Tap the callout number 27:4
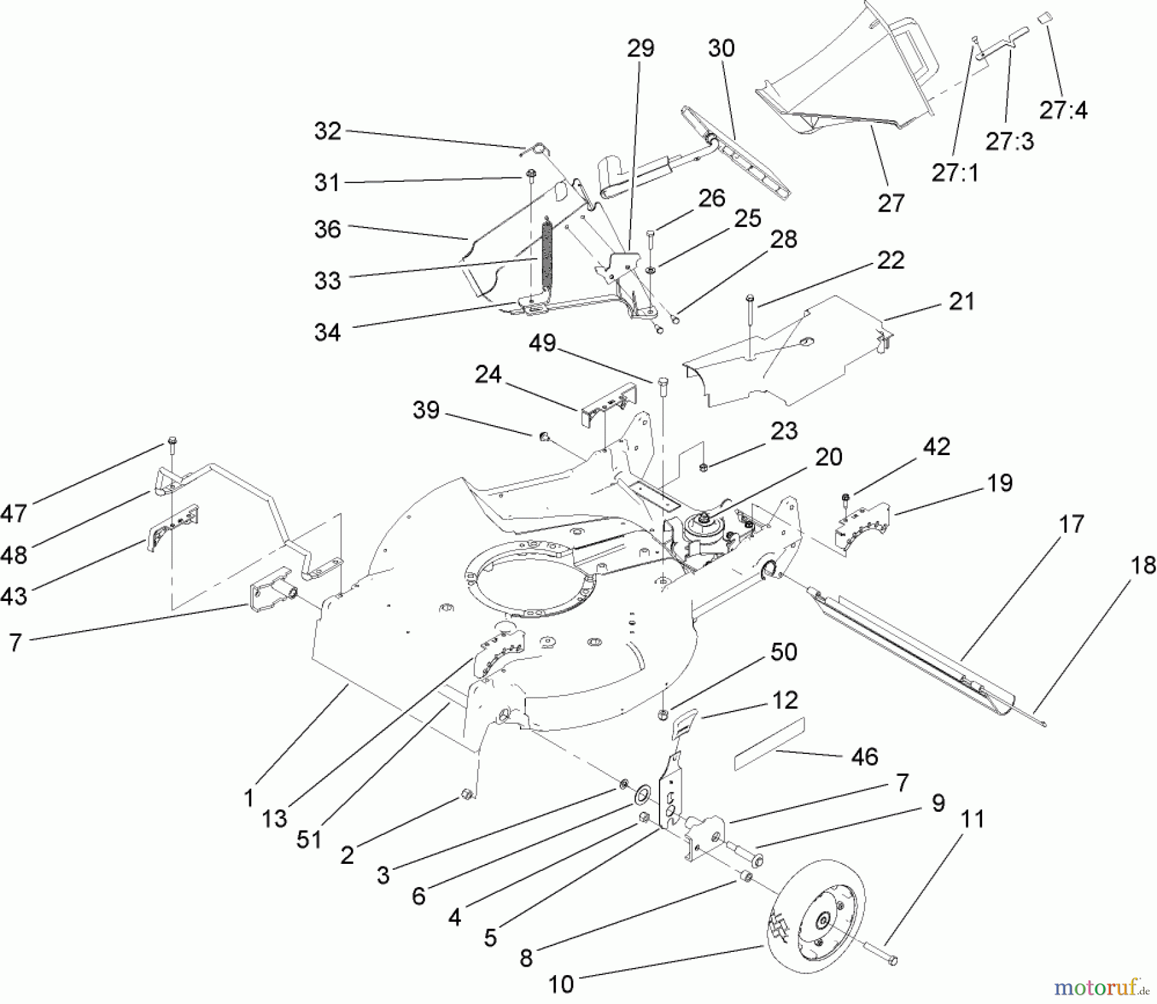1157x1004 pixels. [x=1063, y=110]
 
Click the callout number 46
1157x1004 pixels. [x=865, y=756]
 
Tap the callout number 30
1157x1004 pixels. [x=721, y=48]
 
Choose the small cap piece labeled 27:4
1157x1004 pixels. [x=1044, y=17]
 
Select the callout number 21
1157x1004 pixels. [x=961, y=301]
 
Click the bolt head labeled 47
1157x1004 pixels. [x=172, y=441]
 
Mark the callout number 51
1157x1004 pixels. [x=309, y=839]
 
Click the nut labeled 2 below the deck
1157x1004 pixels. [x=467, y=796]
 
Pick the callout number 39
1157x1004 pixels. [x=426, y=410]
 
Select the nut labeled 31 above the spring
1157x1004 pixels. [x=531, y=175]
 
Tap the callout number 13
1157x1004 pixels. [x=274, y=819]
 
